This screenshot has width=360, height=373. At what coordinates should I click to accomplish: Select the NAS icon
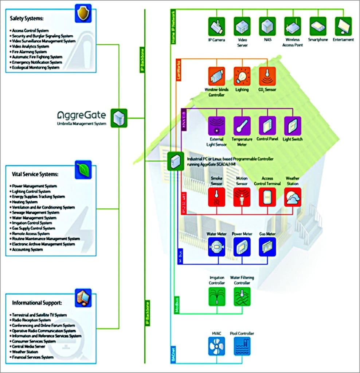click(267, 26)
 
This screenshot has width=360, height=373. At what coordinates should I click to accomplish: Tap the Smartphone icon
click(318, 26)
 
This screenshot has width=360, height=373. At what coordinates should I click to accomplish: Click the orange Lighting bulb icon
click(242, 76)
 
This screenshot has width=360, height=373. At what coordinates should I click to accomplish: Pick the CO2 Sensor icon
click(267, 76)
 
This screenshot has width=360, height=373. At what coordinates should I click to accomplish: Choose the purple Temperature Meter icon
click(242, 126)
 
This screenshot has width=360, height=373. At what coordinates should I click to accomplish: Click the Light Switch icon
click(292, 126)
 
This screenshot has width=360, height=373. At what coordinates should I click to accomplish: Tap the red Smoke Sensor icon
click(217, 197)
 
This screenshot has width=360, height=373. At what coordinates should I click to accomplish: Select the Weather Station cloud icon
click(293, 197)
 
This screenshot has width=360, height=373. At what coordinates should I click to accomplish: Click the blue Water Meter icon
click(217, 247)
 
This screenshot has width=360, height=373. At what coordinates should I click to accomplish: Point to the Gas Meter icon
click(267, 247)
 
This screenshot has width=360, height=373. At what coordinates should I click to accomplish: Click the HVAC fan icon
click(217, 346)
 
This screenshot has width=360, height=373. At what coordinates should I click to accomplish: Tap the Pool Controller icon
click(242, 346)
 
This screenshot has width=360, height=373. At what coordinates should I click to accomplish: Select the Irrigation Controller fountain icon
click(217, 296)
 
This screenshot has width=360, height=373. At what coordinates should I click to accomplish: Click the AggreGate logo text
click(82, 115)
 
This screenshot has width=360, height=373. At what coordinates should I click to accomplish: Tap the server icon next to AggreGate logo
click(119, 118)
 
